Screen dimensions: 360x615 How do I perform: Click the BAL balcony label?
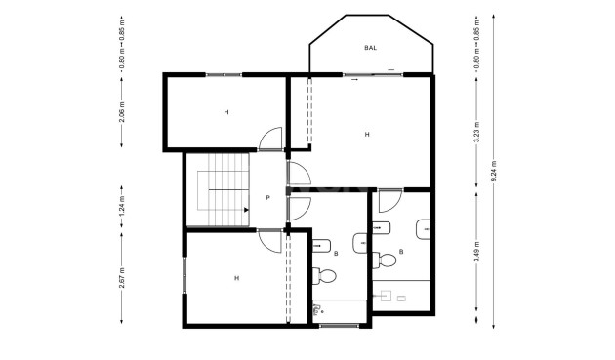pos(370,47)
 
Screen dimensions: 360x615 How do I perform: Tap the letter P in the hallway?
pos(267,197)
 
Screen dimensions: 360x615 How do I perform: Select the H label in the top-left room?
pos(225,112)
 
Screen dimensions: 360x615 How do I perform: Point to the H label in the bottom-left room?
pos(236,278)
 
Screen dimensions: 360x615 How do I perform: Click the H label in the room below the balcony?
pos(367,135)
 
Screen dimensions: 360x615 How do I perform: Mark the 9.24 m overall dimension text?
pos(494,172)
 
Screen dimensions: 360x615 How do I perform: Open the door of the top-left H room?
pos(269,140)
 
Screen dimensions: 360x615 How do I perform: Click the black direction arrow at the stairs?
pos(244,208)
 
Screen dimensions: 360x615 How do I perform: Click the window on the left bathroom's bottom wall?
pos(338,324)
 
